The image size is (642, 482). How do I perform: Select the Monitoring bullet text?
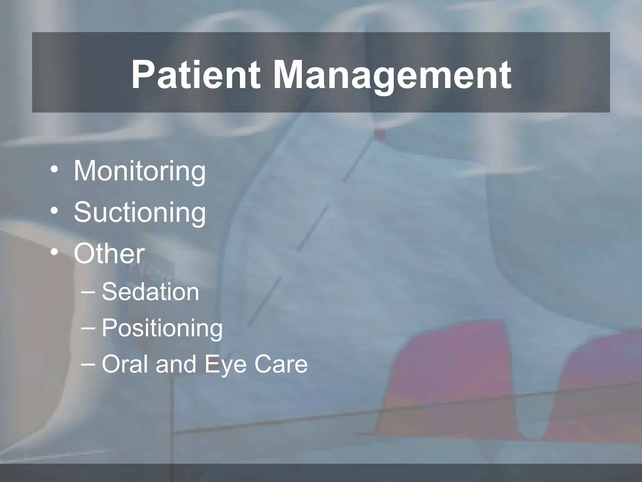tap(139, 171)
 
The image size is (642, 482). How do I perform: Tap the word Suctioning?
tap(140, 212)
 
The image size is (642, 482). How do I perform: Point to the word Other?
tap(109, 254)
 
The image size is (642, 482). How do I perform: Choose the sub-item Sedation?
tap(150, 292)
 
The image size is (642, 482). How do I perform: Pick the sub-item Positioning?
tap(162, 328)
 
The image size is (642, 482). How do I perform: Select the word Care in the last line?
tap(281, 364)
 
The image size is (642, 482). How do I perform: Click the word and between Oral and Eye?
tap(176, 364)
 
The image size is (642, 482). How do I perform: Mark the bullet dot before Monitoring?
tap(54, 170)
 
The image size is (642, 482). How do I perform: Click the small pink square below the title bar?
tap(380, 135)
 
